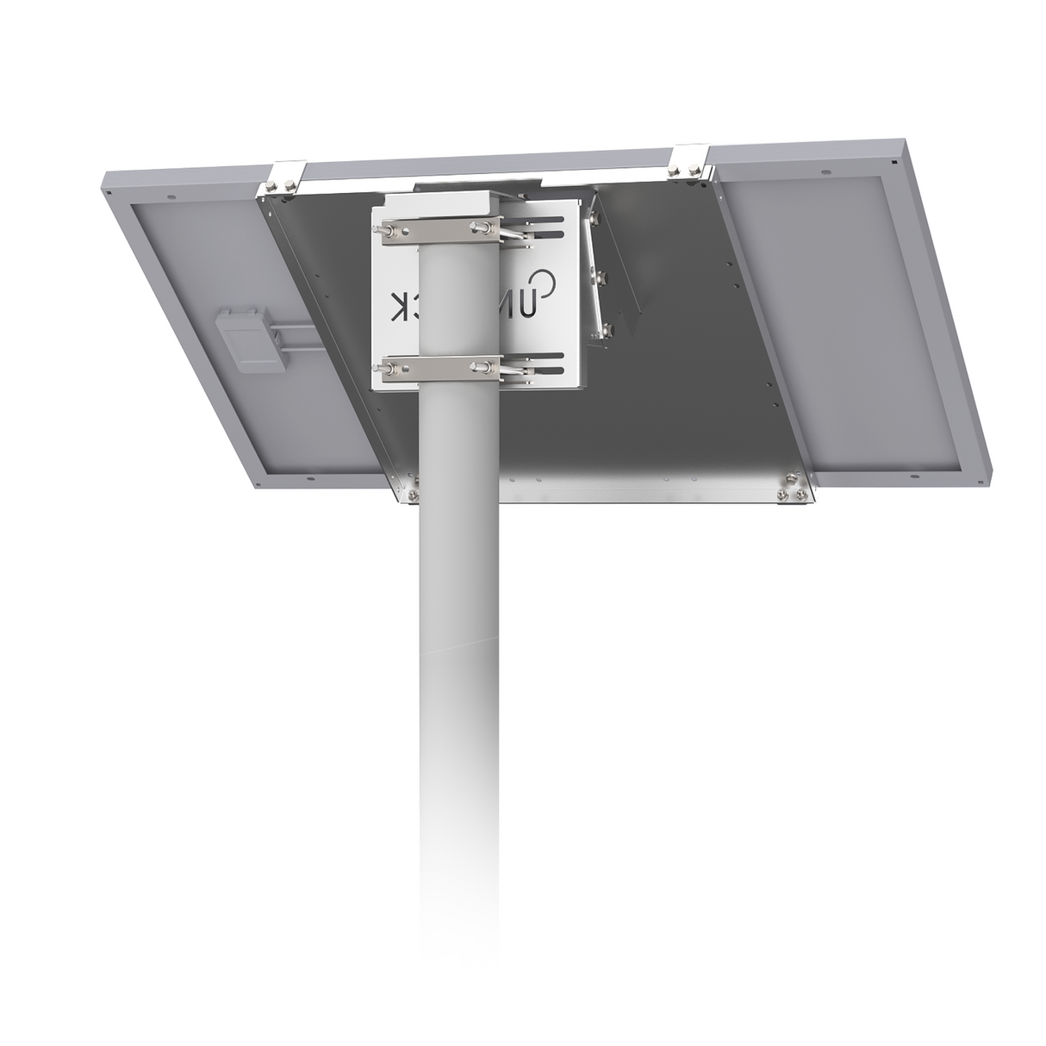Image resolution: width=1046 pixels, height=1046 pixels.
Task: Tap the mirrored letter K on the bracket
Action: tap(401, 306)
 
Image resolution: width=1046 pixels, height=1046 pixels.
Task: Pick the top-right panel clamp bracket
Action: tap(688, 163)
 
